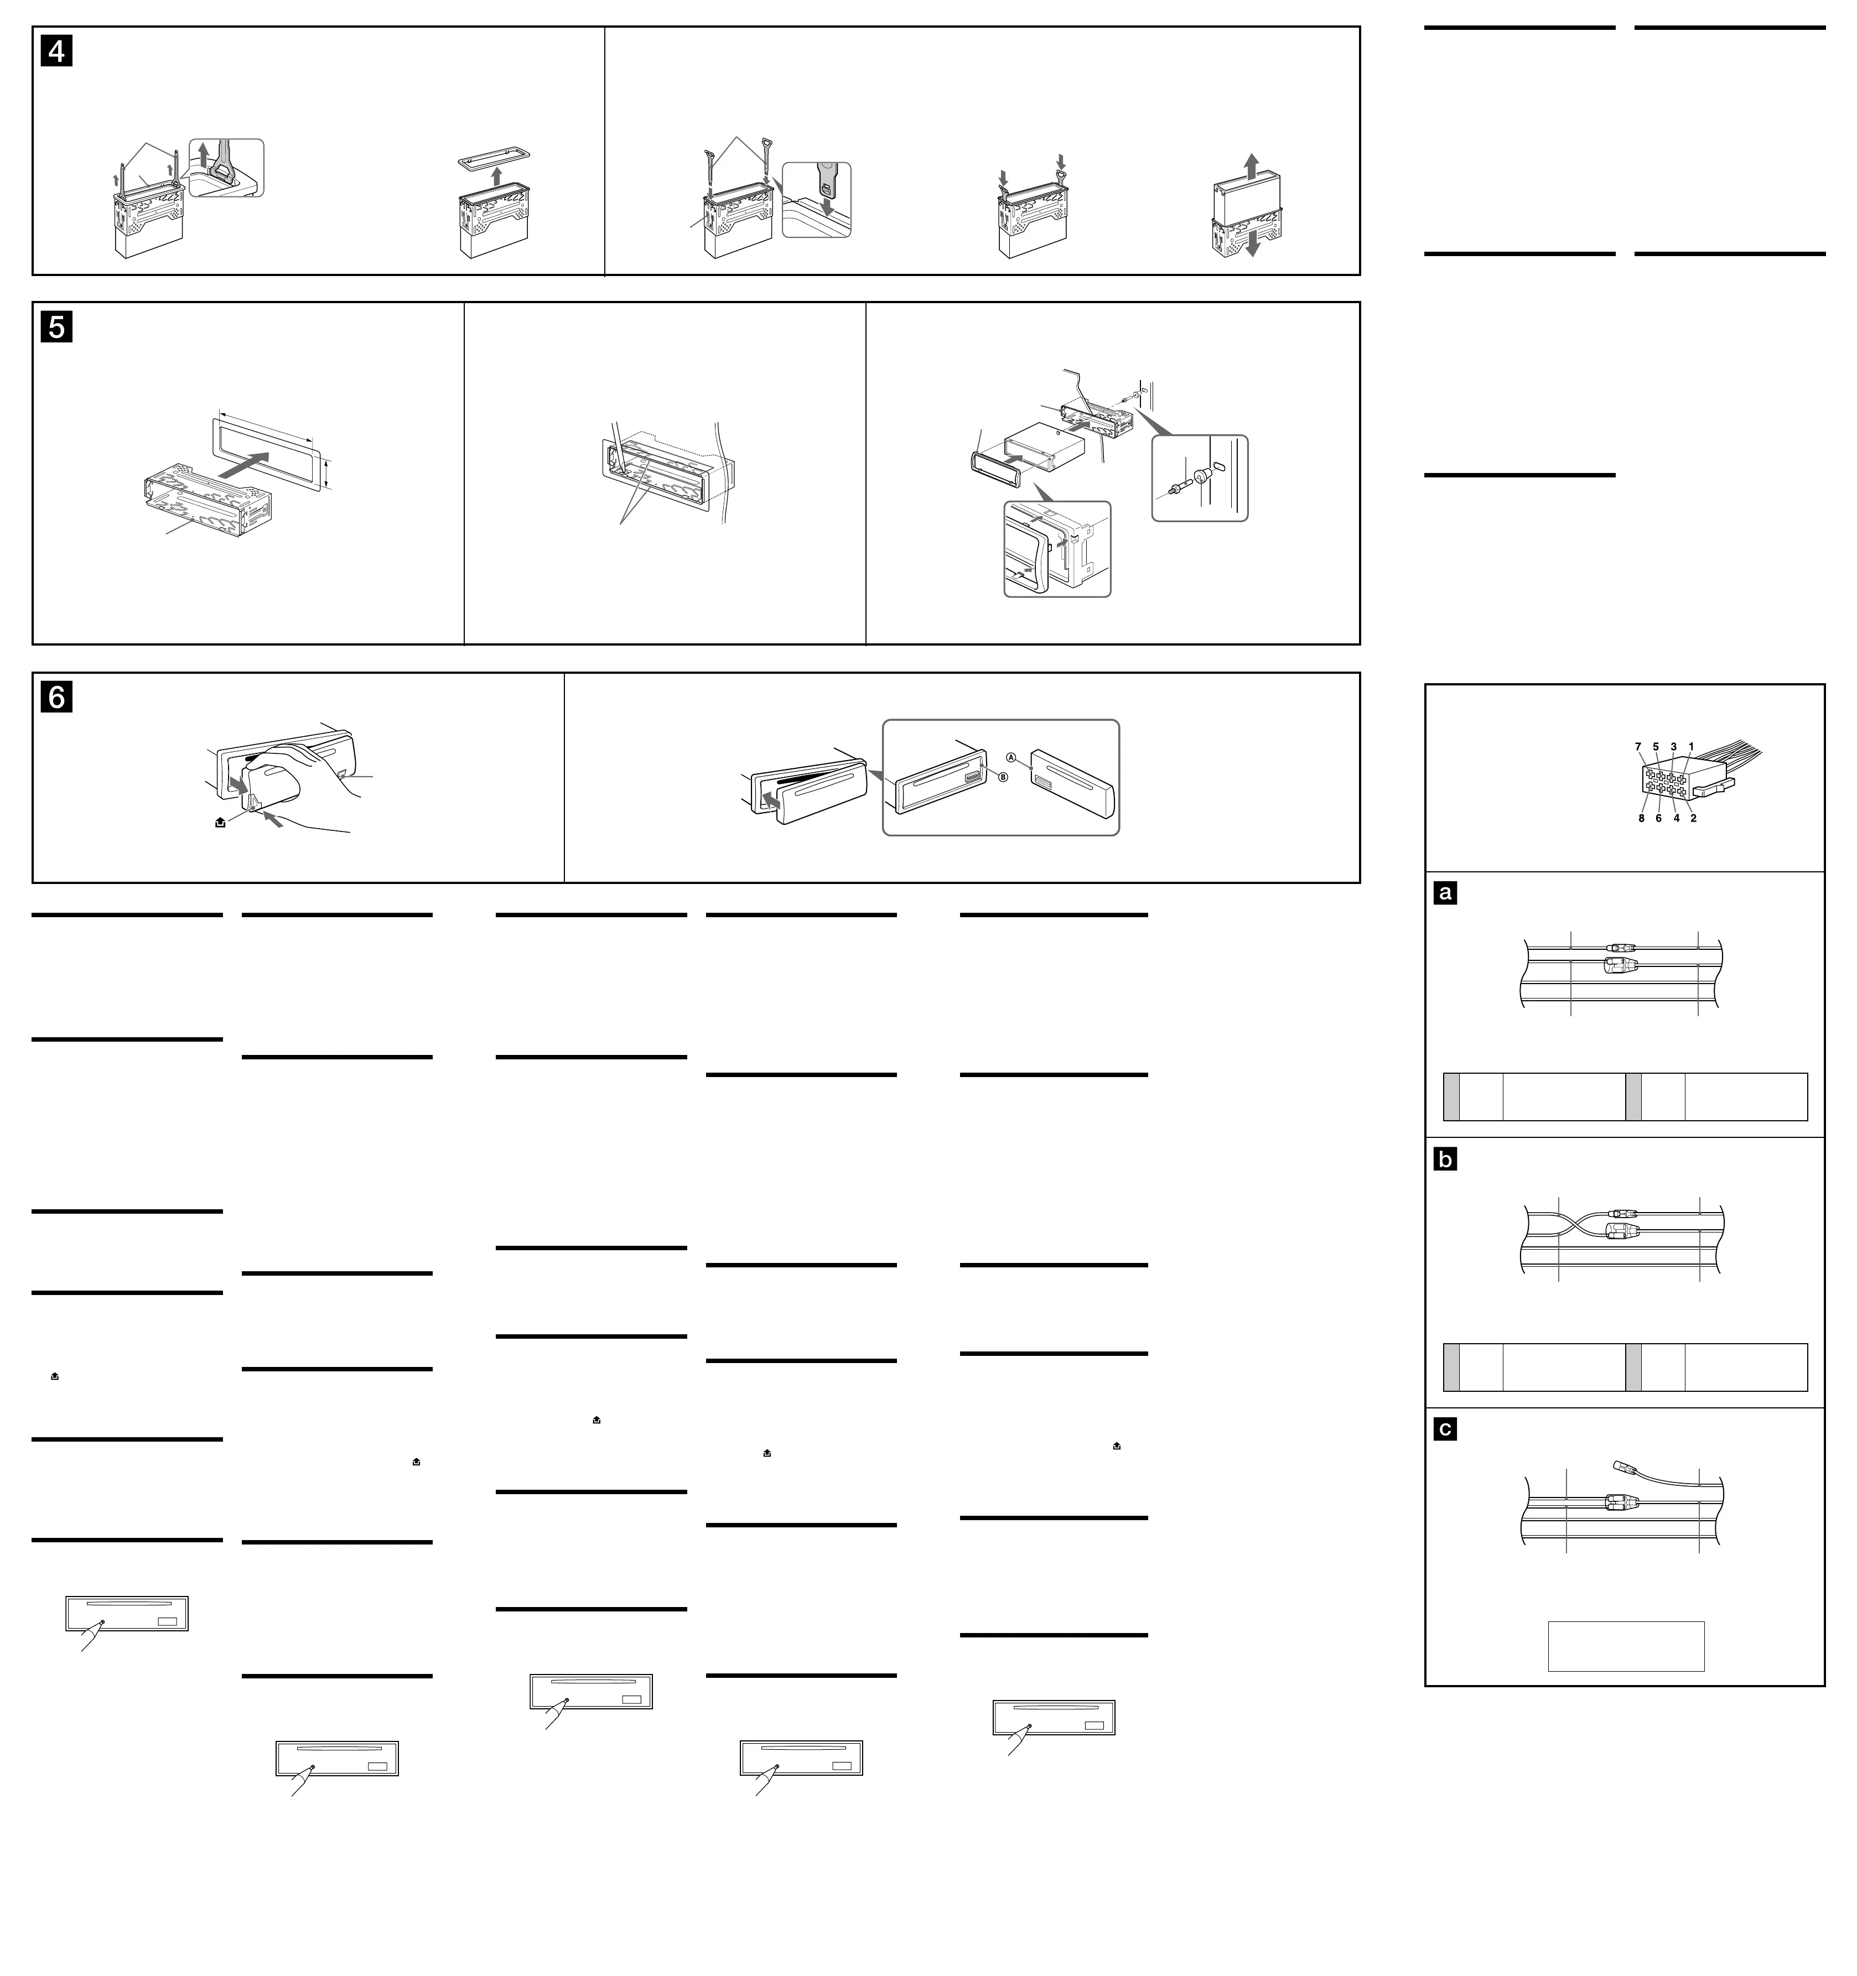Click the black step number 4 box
pos(56,51)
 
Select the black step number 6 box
pos(56,697)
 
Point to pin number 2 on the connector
pos(1693,818)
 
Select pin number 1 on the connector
pos(1691,746)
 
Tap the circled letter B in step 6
pos(1003,776)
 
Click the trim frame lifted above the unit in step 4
pos(494,159)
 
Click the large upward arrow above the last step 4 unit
pos(1252,163)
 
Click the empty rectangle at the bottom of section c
pos(1625,1646)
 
